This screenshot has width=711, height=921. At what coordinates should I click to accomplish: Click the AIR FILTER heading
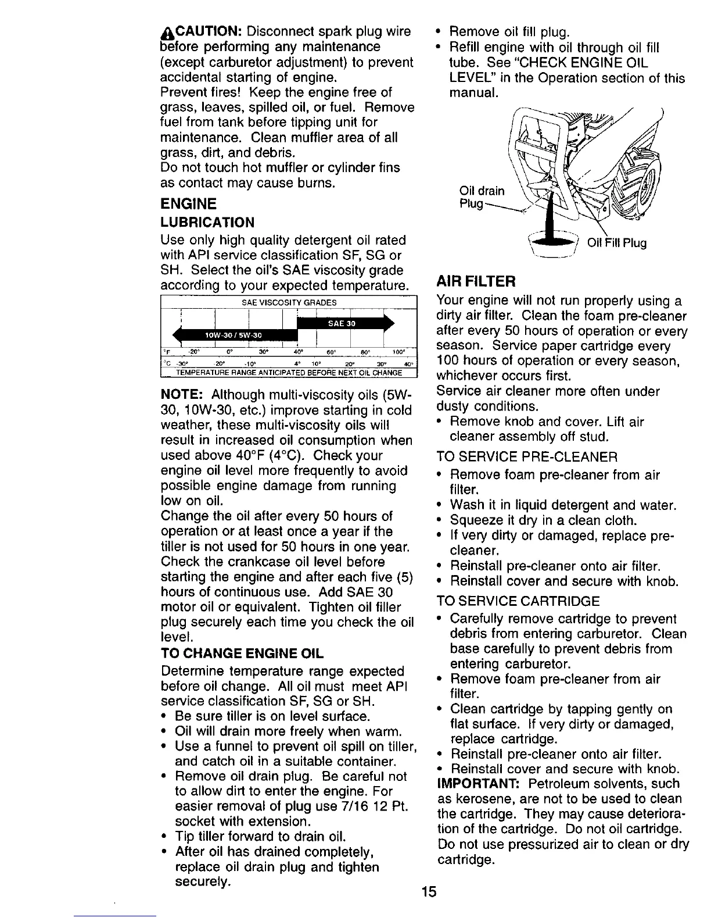coord(476,282)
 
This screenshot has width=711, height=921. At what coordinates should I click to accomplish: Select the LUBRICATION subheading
coord(207,223)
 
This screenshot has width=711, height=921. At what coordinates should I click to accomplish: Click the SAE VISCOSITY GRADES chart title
coord(289,302)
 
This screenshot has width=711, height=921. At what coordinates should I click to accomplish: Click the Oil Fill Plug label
coord(616,243)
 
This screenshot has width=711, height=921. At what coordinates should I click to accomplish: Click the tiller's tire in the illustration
coord(640,186)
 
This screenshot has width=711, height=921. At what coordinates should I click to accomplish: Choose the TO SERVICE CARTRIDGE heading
coord(518,601)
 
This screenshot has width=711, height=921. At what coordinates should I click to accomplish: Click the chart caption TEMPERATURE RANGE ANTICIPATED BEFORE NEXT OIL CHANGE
coord(289,373)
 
